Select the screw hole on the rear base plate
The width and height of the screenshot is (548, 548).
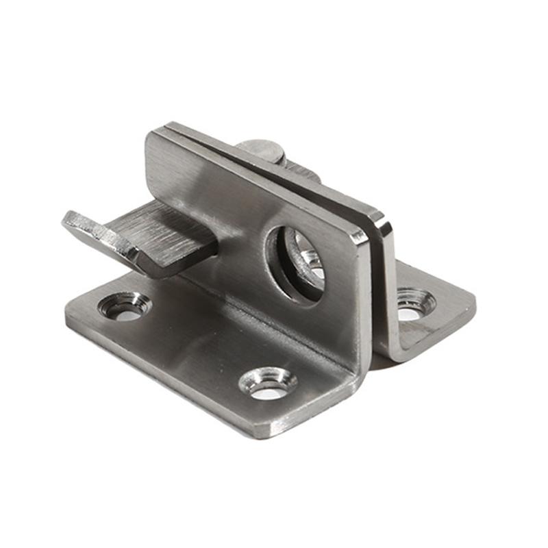414,301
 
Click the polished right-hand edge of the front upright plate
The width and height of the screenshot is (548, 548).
364,301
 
